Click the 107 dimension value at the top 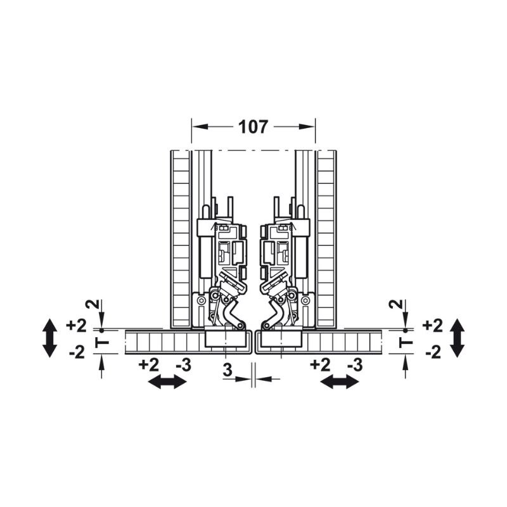[x=253, y=127]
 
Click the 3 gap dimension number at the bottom [x=228, y=370]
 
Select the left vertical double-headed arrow [x=50, y=338]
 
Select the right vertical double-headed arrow [x=458, y=338]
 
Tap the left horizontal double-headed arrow [x=167, y=382]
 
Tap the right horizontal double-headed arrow [x=339, y=382]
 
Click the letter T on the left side [x=102, y=342]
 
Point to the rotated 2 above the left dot [x=92, y=304]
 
